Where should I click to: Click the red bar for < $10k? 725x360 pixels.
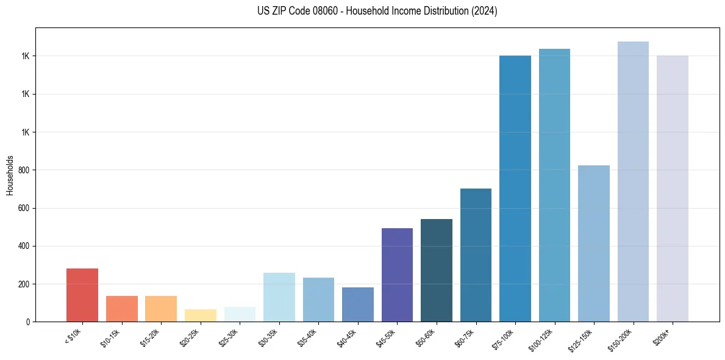[82, 295]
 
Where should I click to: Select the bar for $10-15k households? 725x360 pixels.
[121, 309]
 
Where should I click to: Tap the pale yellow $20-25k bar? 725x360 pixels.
[201, 315]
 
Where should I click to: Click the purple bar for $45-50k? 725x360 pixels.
[397, 275]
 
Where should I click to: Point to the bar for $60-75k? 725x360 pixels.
[476, 255]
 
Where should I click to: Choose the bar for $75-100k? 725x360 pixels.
[515, 189]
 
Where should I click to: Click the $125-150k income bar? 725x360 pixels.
[594, 243]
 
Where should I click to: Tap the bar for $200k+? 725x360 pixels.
[673, 189]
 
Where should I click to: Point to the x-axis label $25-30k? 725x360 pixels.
[229, 337]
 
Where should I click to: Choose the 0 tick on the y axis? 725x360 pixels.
[28, 322]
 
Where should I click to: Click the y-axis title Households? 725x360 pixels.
[10, 175]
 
